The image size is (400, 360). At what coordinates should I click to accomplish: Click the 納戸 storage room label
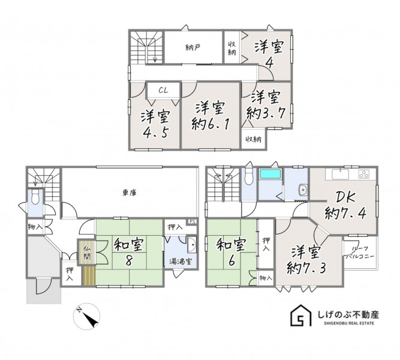coord(193,47)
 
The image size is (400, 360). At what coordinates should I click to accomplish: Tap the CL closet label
coord(163,90)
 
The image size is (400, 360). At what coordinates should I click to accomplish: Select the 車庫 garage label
coord(130,193)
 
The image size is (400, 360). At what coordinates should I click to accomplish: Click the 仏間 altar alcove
coord(87,252)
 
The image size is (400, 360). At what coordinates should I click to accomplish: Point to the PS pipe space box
coord(193,221)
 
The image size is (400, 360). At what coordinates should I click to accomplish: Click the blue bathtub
coord(270,175)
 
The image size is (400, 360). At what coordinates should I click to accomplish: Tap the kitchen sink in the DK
coord(340,175)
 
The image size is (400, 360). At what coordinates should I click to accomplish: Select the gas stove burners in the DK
coord(364,174)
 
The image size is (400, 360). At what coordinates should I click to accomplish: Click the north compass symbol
coord(87,316)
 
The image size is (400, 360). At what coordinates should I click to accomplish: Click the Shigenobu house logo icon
coord(301,315)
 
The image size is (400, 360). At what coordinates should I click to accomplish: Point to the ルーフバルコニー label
coord(360,253)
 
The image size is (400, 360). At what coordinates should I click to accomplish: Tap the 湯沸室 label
coord(181,262)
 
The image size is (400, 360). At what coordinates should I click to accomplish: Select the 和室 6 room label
coord(231,252)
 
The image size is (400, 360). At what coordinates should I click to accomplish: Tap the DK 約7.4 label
coord(345,205)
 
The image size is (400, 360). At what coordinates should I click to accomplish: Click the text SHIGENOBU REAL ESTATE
coord(349,323)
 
